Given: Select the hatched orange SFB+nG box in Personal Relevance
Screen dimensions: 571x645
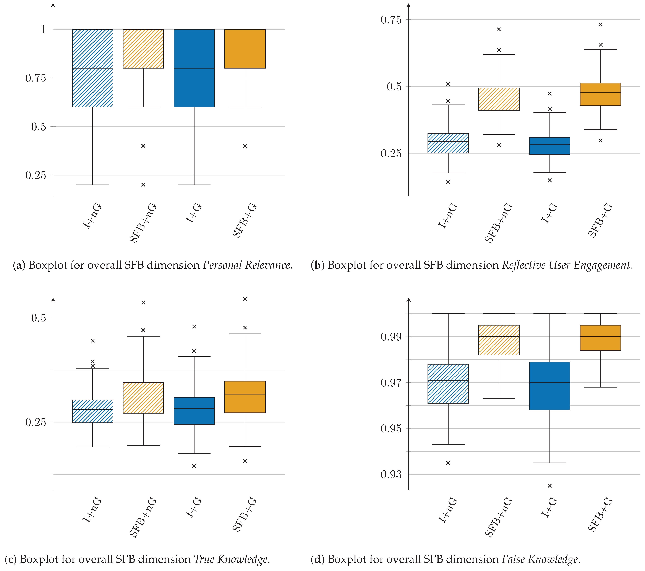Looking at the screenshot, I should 143,49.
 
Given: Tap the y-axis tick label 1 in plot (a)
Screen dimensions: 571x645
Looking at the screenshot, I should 43,29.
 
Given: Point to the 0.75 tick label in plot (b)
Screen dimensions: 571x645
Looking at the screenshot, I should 391,20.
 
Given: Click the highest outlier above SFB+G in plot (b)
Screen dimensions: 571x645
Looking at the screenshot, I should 601,25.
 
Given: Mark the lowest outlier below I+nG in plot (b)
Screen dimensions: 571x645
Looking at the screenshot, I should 448,182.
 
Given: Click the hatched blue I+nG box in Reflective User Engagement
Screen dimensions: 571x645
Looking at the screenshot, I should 448,143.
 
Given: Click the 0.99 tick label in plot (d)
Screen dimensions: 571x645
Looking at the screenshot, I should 391,337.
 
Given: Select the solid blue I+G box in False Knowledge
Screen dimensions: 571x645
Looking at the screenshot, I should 550,386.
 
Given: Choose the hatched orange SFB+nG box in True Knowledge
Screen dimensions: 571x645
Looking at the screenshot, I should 143,398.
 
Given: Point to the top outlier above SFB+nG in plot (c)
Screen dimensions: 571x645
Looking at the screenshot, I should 143,303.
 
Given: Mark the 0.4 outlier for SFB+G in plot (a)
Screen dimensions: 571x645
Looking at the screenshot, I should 245,146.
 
